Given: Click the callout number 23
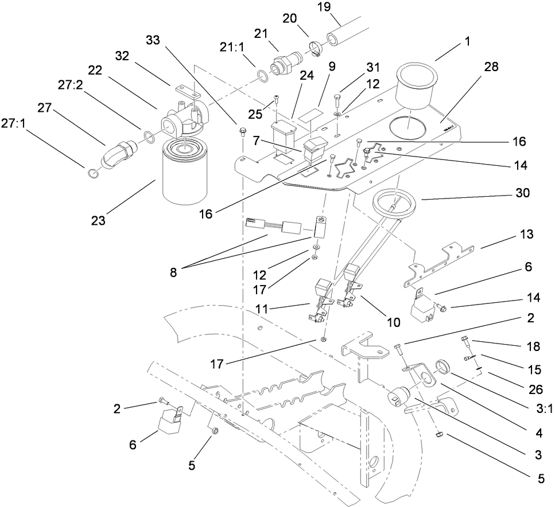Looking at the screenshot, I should [x=98, y=220].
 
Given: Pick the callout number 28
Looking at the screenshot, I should [x=491, y=67].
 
